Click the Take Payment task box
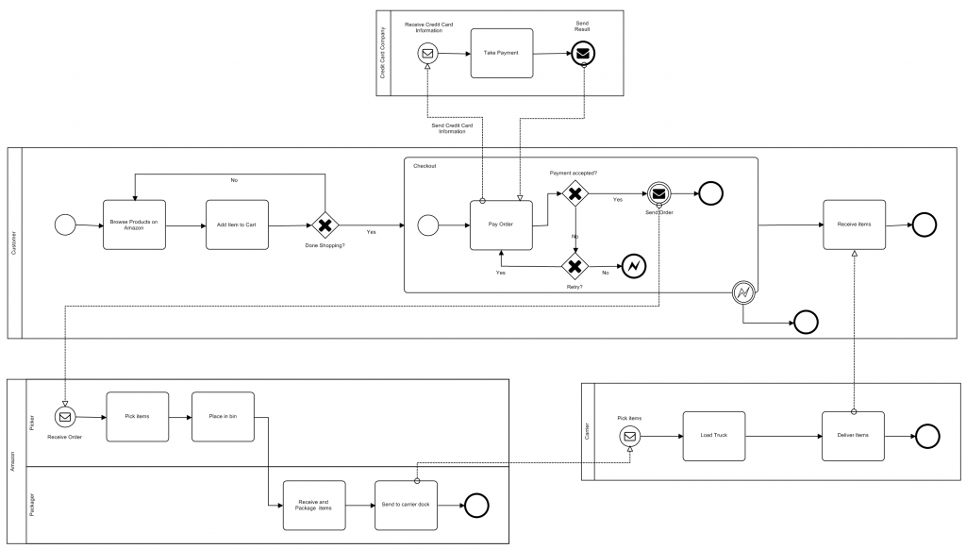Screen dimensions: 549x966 pos(502,53)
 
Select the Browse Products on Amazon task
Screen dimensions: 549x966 pos(134,225)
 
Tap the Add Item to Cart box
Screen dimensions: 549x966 pos(237,225)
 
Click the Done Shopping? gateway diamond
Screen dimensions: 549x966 pos(325,225)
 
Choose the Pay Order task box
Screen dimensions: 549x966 pos(501,225)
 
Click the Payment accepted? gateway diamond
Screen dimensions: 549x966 pos(575,194)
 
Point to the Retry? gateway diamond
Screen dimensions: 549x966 pos(575,266)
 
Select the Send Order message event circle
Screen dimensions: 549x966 pos(658,194)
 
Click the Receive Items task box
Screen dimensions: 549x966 pos(854,225)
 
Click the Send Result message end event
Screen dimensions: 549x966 pos(583,53)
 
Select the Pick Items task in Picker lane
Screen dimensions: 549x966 pos(138,415)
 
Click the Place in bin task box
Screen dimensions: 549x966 pos(223,415)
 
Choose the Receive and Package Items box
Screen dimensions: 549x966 pos(314,506)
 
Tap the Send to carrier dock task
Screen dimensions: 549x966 pos(406,506)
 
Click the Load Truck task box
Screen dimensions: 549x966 pos(713,436)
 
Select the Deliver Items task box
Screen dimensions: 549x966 pos(853,436)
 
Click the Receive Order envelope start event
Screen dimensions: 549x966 pos(65,416)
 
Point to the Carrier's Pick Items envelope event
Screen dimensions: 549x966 pos(630,436)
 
